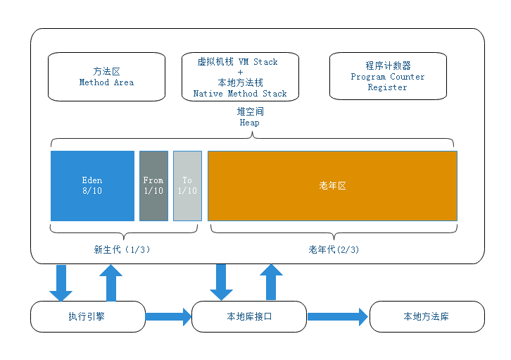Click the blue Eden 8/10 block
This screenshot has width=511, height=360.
point(92,185)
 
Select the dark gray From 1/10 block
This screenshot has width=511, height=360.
point(153,185)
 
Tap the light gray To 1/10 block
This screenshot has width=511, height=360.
point(187,185)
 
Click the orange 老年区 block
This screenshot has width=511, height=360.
point(332,185)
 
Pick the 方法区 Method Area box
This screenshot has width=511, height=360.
point(106,77)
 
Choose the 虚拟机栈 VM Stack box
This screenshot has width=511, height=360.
point(240,77)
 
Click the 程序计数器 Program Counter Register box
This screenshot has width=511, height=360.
point(388,77)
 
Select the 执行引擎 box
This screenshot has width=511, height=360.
point(87,317)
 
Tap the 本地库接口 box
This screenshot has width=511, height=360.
point(249,317)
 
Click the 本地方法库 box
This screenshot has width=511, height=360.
point(427,317)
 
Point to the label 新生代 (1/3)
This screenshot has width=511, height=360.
point(122,249)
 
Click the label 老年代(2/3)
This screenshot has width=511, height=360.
point(333,249)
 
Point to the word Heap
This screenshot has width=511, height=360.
point(249,123)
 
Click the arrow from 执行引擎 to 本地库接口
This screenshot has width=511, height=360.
point(168,317)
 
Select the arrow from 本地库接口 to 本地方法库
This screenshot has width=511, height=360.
point(338,317)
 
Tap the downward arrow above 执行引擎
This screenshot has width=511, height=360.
point(61,283)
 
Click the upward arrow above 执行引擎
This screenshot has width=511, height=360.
point(108,283)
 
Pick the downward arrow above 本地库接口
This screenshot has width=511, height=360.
point(222,283)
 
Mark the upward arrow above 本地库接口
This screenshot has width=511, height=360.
point(270,283)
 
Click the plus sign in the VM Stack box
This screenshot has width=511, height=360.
point(240,72)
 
